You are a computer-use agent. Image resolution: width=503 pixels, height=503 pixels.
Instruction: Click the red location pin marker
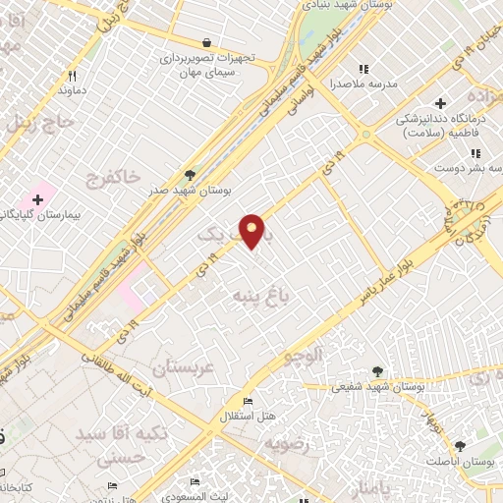[x=252, y=230]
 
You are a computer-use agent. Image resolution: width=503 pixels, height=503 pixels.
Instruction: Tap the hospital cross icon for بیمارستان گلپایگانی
[x=37, y=200]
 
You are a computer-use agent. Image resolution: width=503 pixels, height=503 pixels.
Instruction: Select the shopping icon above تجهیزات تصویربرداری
[x=206, y=42]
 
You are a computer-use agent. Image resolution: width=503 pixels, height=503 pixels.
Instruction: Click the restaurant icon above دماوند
[x=72, y=76]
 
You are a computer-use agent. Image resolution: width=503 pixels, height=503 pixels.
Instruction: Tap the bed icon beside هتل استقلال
[x=249, y=402]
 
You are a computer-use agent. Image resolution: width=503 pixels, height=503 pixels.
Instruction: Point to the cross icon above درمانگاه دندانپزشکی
[x=440, y=102]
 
